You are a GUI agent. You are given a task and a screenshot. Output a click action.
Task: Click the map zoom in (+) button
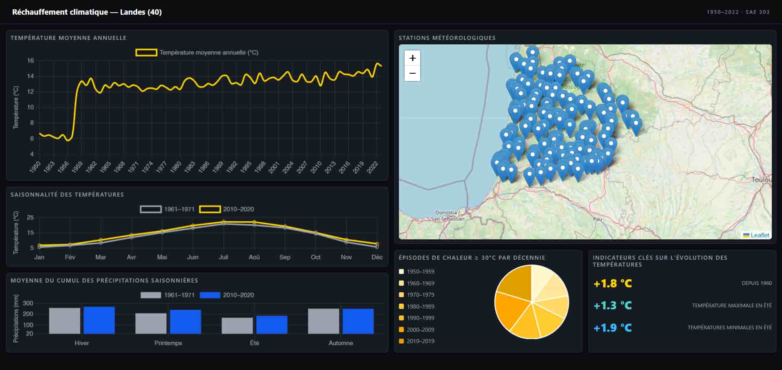click(412, 58)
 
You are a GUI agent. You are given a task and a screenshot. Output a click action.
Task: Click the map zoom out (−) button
click(412, 74)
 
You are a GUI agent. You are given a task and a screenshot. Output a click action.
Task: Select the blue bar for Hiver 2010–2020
click(99, 320)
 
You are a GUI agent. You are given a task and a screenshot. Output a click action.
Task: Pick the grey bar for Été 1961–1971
click(237, 326)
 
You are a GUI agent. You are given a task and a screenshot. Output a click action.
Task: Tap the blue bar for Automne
click(358, 321)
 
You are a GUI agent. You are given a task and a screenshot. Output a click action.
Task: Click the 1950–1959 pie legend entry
click(420, 271)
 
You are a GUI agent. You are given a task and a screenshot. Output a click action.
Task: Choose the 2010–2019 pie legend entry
click(420, 341)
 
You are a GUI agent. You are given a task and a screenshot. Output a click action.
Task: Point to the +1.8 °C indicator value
click(612, 283)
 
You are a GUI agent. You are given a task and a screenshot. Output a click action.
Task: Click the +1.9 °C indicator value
click(612, 328)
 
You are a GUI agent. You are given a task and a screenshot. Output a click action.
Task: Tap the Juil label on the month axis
click(223, 257)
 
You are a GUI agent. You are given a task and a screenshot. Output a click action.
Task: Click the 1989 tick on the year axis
click(218, 167)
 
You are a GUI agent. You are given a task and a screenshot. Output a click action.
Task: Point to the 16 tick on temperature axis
click(31, 61)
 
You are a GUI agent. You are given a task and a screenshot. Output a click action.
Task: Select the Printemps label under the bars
click(168, 343)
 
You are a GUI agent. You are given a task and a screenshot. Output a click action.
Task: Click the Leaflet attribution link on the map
click(760, 235)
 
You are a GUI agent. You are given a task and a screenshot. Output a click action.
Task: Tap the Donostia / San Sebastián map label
click(448, 216)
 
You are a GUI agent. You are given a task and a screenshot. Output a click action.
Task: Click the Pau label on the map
click(597, 219)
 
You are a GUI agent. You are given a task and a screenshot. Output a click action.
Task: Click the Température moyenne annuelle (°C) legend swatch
click(146, 53)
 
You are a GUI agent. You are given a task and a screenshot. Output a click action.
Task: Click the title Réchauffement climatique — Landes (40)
click(87, 12)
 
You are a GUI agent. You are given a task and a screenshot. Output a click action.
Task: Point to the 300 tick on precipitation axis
click(28, 303)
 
